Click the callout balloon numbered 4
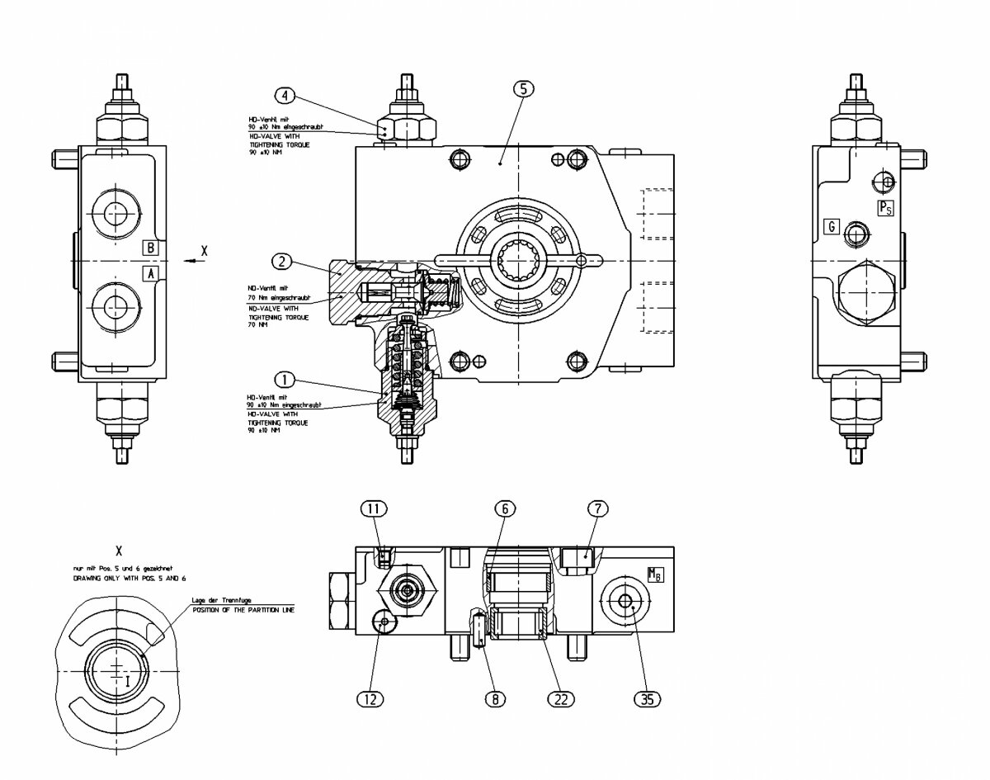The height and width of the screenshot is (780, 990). click(x=285, y=96)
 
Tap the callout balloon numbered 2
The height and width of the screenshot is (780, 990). click(x=283, y=262)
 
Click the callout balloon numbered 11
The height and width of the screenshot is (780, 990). click(x=374, y=508)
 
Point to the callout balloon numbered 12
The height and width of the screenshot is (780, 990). click(x=372, y=699)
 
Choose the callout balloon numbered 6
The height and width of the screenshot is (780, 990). click(x=507, y=508)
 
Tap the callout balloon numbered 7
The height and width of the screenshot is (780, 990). click(x=597, y=508)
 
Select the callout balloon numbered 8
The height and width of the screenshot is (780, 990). click(x=495, y=699)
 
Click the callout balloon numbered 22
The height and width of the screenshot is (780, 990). click(x=560, y=699)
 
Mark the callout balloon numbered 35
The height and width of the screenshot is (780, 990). click(x=648, y=699)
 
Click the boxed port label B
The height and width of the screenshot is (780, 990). click(x=151, y=247)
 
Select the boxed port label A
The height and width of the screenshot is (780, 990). click(x=151, y=272)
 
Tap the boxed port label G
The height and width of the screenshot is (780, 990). click(x=832, y=226)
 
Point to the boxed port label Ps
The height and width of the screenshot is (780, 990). click(x=884, y=207)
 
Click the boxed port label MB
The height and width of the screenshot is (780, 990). click(x=655, y=574)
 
